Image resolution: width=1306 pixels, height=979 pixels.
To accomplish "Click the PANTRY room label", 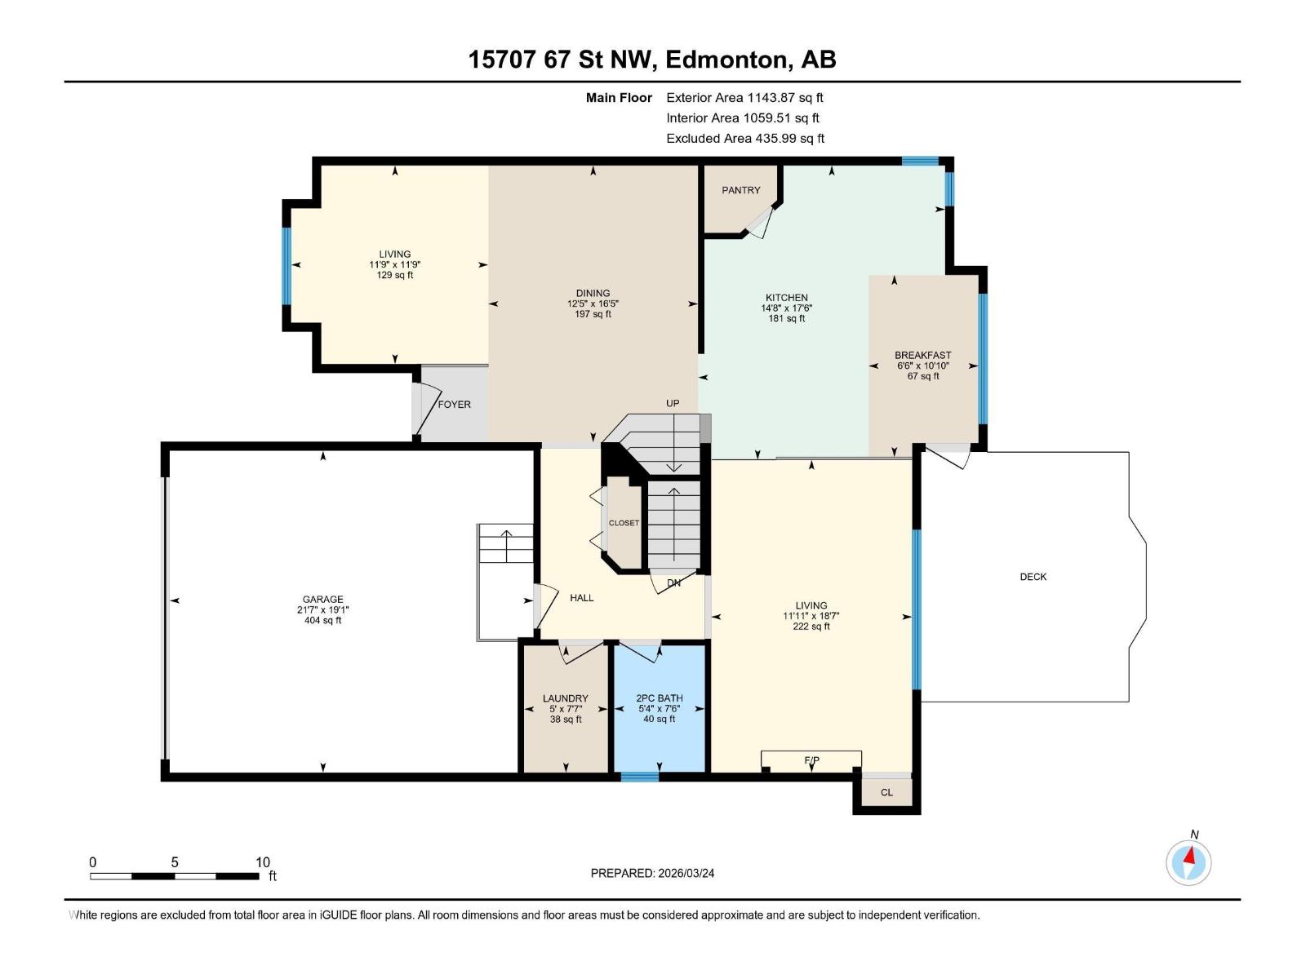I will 740,190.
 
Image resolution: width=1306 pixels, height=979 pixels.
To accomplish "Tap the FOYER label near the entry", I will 454,405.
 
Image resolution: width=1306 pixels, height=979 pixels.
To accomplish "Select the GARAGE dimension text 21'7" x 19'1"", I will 322,610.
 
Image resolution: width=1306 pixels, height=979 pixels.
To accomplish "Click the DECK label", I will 1033,577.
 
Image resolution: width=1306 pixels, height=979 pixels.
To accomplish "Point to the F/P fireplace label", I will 811,760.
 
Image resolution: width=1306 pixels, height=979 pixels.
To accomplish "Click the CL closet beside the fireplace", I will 886,792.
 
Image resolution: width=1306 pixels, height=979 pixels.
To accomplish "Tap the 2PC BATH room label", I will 659,698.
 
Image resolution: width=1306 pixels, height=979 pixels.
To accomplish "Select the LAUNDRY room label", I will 565,698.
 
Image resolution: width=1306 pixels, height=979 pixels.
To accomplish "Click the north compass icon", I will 1188,862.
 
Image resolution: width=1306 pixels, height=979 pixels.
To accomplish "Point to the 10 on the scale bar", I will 262,862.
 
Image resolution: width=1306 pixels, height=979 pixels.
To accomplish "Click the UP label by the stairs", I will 673,403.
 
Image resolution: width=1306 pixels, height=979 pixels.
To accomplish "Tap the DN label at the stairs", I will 673,583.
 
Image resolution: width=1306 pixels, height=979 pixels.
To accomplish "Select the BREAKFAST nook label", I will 922,355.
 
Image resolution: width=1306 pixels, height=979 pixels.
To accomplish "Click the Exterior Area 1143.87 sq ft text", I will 744,97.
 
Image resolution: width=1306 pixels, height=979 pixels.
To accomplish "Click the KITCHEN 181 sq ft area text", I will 786,319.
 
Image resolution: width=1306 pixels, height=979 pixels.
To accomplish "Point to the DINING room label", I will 593,293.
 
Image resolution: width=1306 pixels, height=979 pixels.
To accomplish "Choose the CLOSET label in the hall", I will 624,523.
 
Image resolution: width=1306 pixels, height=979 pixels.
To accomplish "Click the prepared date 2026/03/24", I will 685,873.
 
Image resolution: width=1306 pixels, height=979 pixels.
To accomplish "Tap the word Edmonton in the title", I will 726,60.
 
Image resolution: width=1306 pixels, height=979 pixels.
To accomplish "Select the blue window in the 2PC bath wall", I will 639,776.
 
